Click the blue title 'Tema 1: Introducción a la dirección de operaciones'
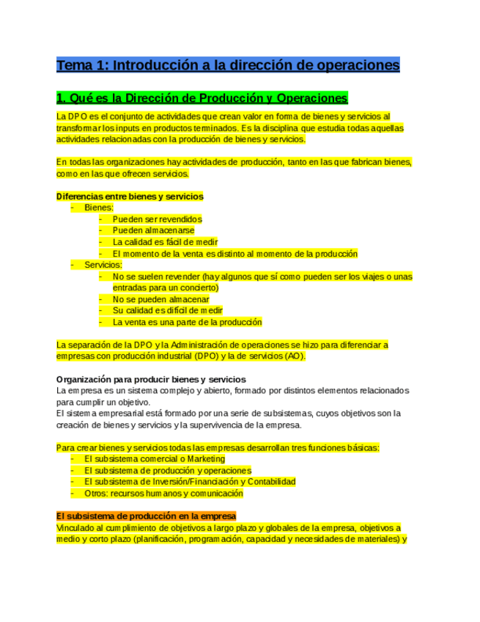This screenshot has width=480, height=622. click(228, 65)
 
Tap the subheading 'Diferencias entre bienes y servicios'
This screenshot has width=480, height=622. click(130, 197)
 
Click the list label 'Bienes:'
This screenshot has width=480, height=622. click(99, 208)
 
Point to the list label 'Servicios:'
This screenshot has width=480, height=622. click(103, 265)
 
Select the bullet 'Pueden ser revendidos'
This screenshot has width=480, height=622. click(157, 219)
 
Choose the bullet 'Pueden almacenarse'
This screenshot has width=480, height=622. click(153, 230)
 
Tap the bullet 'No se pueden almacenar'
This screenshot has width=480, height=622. click(160, 299)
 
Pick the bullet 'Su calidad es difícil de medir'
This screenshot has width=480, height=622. click(167, 310)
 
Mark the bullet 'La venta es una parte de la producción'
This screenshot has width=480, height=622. click(187, 322)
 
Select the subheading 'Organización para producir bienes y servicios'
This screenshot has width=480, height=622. click(151, 379)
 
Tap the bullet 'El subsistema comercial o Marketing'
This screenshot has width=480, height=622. click(154, 459)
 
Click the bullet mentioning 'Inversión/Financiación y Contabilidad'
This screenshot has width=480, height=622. click(189, 482)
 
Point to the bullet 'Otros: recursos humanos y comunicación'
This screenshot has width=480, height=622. click(163, 493)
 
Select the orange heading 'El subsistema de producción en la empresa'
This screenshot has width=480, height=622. click(146, 516)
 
